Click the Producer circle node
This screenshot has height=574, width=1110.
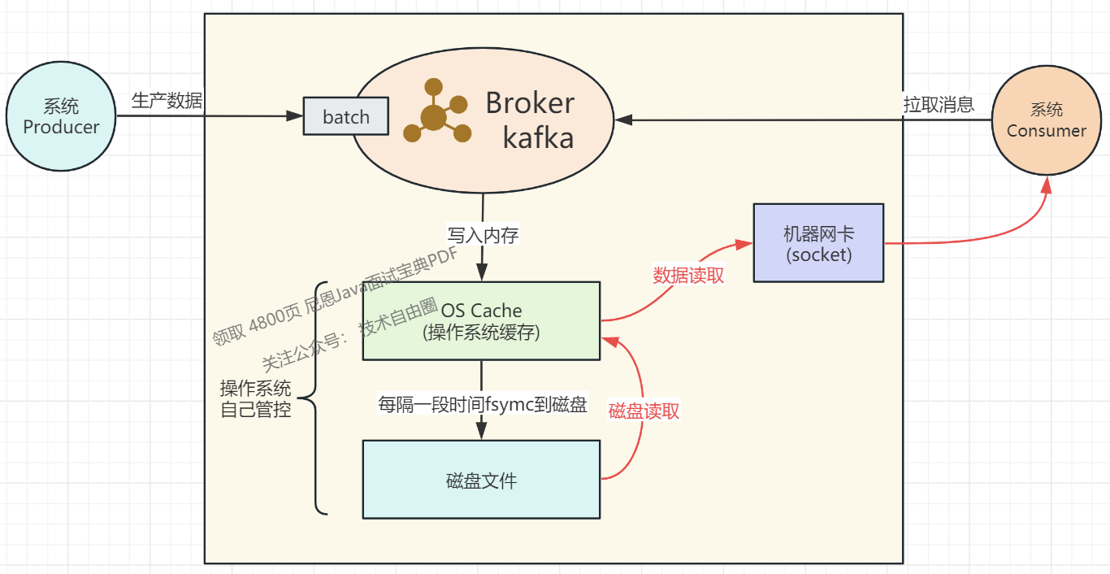(x=61, y=116)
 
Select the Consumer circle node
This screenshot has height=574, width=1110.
(x=1046, y=120)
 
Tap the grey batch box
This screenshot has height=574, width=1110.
(x=346, y=116)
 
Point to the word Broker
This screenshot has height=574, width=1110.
(x=530, y=103)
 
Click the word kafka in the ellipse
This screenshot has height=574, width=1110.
(x=538, y=137)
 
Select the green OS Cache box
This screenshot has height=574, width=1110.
(x=481, y=320)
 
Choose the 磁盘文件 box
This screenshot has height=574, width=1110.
(x=481, y=480)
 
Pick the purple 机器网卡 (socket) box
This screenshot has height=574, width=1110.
(x=818, y=243)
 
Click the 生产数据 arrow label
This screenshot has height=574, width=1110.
(x=167, y=101)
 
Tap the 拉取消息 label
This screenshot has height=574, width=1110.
(x=939, y=105)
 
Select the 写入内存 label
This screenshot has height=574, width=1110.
(x=483, y=235)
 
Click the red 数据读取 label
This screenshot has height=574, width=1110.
(x=688, y=275)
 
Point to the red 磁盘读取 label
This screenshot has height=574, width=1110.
(x=644, y=411)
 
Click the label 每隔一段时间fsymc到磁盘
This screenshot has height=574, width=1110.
(x=483, y=404)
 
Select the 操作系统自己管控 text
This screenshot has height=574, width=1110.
(x=255, y=398)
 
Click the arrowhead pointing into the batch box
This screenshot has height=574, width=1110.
(x=295, y=116)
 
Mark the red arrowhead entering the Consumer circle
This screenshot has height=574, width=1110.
(x=1047, y=185)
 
